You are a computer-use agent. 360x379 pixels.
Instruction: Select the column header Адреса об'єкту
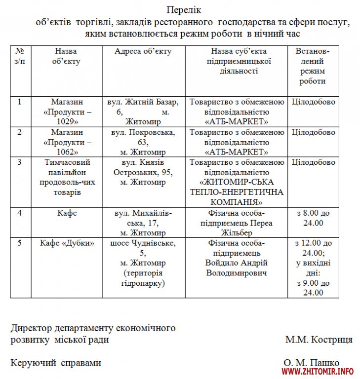pyautogui.click(x=143, y=52)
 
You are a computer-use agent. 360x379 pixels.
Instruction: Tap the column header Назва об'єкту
pyautogui.click(x=66, y=56)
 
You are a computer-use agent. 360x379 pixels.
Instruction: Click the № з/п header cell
pyautogui.click(x=20, y=56)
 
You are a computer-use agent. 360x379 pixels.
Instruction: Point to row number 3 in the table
pyautogui.click(x=20, y=162)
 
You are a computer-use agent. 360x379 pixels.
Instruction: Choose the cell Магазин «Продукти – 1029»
pyautogui.click(x=66, y=112)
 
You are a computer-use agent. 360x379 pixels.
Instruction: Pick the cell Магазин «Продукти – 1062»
pyautogui.click(x=66, y=142)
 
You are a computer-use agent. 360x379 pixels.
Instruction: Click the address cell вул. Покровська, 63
pyautogui.click(x=143, y=142)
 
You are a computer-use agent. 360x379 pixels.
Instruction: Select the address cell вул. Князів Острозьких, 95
pyautogui.click(x=143, y=172)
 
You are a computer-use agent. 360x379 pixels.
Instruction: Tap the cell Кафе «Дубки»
pyautogui.click(x=66, y=243)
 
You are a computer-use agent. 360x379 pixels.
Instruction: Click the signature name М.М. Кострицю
pyautogui.click(x=319, y=340)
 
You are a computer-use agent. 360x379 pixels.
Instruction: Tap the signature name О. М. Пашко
pyautogui.click(x=312, y=363)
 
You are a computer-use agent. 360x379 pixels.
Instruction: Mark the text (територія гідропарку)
pyautogui.click(x=143, y=278)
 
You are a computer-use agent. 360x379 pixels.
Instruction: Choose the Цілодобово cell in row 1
pyautogui.click(x=313, y=102)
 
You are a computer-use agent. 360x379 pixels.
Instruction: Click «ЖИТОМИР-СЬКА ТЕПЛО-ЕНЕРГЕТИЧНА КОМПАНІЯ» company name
pyautogui.click(x=237, y=192)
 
